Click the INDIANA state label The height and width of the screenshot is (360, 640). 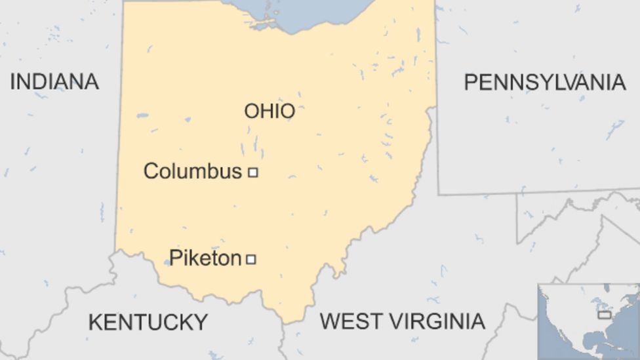[x=54, y=82]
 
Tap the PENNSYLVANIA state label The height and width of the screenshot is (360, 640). [x=544, y=83]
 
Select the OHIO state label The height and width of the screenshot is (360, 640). [x=270, y=111]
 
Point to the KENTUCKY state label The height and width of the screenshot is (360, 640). [x=148, y=323]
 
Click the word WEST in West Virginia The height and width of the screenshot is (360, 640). [x=350, y=321]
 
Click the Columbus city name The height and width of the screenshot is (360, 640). [x=192, y=172]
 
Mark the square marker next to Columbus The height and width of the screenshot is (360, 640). [x=252, y=172]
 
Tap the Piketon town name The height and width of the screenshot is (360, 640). [x=205, y=258]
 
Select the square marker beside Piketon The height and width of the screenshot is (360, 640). [x=250, y=259]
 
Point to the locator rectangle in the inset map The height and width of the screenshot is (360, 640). [x=604, y=315]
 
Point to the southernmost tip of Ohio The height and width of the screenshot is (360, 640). [x=286, y=321]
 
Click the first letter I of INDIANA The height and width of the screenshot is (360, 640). [x=12, y=82]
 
